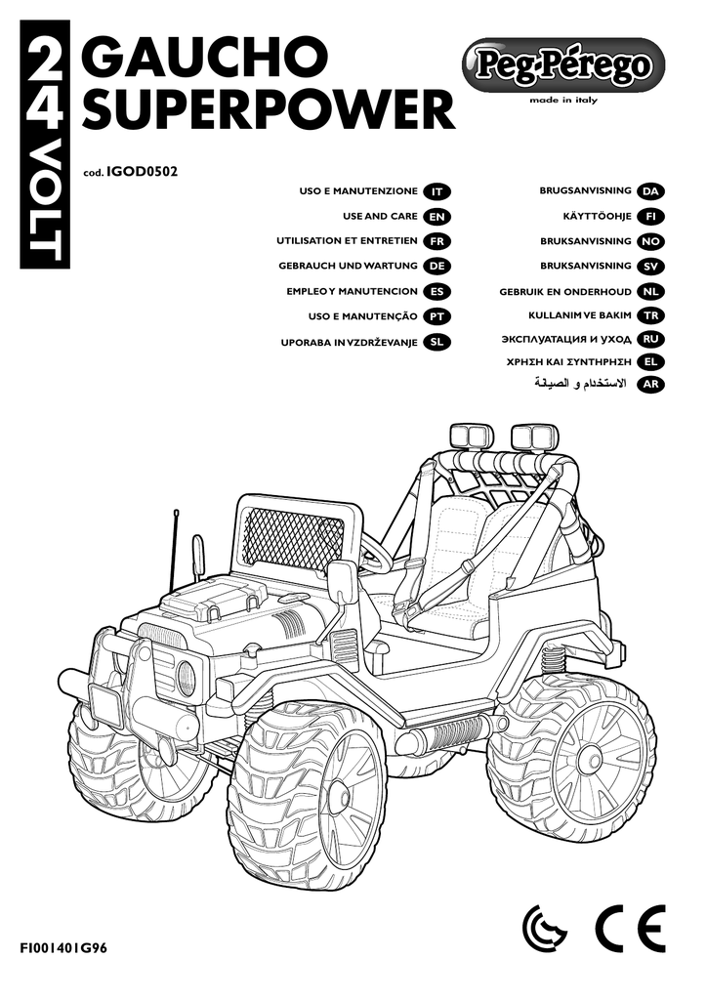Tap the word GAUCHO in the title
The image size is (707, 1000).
coord(205,61)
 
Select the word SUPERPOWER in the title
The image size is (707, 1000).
coord(269,112)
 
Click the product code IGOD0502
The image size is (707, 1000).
coord(141,172)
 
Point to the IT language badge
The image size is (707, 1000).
coord(439,191)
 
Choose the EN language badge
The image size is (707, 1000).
coord(439,216)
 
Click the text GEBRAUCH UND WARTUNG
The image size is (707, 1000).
coord(347,266)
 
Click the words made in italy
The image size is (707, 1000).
coord(563,100)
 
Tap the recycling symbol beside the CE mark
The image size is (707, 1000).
coord(545,929)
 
